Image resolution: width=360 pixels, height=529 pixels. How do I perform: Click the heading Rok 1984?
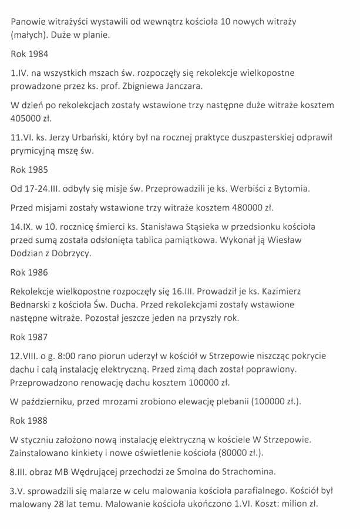point(29,54)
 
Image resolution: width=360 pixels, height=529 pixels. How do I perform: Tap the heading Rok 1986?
point(29,273)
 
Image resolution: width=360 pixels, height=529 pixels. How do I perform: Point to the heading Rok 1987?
point(29,337)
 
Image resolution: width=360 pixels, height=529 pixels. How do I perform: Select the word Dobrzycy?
point(79,253)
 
